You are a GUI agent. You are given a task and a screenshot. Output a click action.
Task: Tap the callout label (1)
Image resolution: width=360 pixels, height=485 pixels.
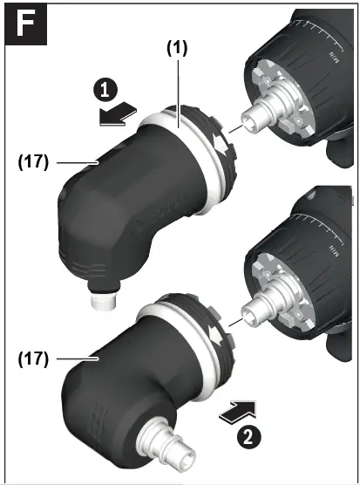pos(178,50)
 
